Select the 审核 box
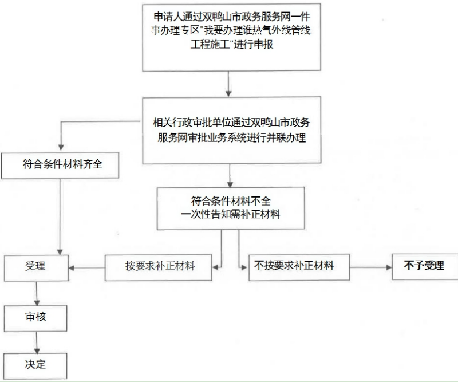click(35, 316)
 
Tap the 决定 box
click(35, 365)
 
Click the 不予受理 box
click(424, 266)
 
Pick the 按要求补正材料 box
click(160, 267)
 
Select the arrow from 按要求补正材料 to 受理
click(86, 267)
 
